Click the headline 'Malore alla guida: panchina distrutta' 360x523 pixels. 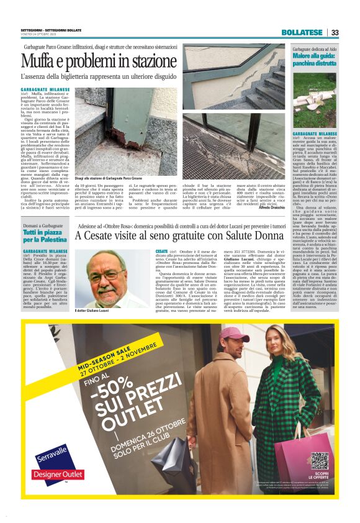click(315, 60)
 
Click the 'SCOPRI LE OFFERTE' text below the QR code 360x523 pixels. click(319, 478)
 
